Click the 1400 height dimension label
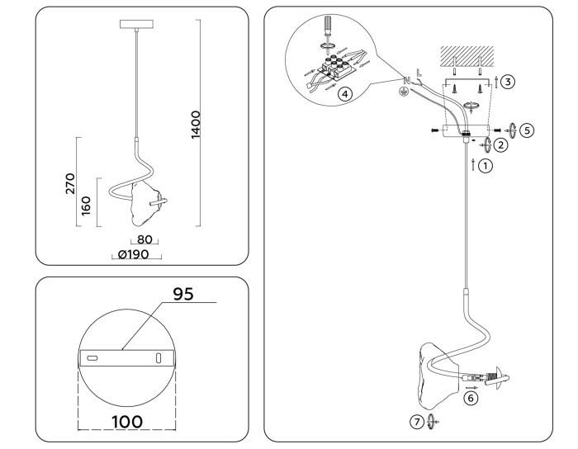(195, 125)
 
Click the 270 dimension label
(69, 182)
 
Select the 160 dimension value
(86, 204)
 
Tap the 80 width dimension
(144, 240)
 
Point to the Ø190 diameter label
(134, 255)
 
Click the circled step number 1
(486, 165)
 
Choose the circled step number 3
(508, 81)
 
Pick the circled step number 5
(527, 130)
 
